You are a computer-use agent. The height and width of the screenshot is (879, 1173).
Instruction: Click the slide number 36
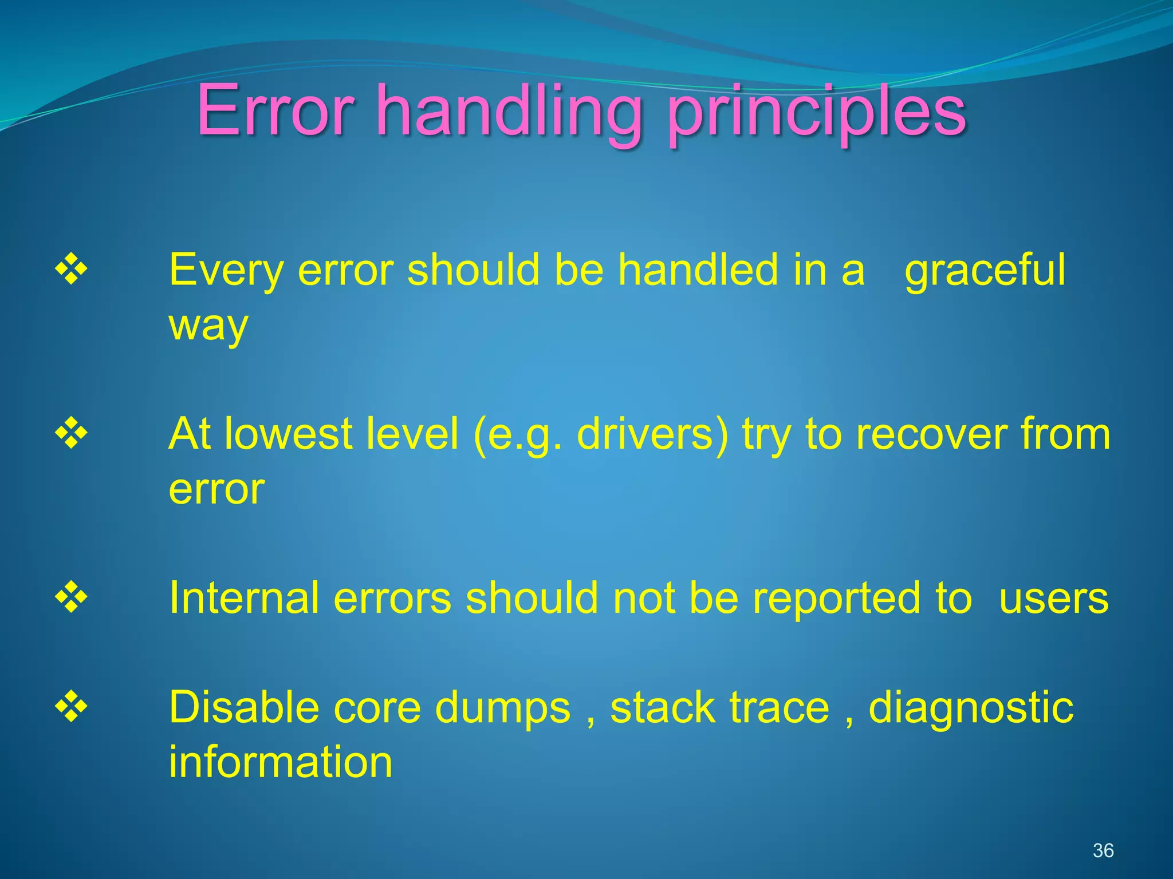[1103, 850]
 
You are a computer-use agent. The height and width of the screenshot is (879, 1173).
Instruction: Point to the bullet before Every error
[71, 267]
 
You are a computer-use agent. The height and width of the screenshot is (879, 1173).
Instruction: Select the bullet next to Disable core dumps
[71, 706]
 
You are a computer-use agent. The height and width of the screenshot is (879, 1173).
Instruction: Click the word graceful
[985, 270]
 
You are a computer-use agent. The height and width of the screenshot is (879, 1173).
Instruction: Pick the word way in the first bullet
[208, 326]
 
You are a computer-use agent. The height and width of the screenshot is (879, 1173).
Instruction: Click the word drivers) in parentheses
[652, 435]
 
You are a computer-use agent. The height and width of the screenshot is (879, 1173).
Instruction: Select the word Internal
[244, 598]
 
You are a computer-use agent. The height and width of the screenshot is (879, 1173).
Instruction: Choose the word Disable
[243, 707]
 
